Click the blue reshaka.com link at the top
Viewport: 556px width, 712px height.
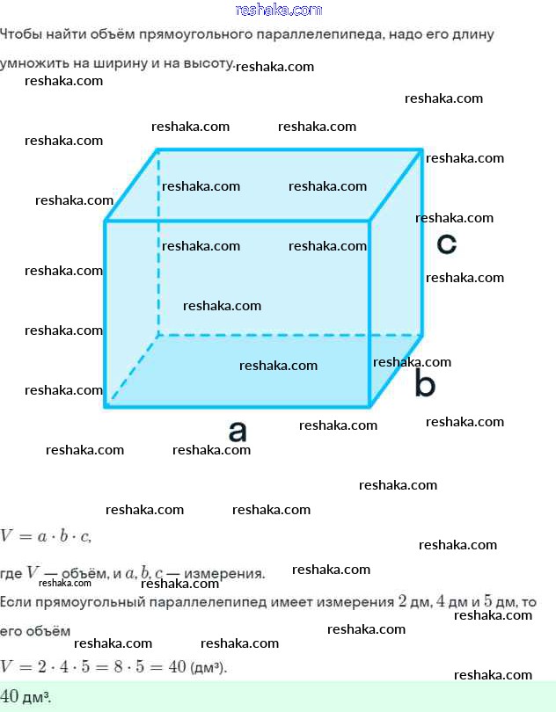(x=279, y=10)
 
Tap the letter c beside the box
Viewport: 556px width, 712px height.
(x=446, y=243)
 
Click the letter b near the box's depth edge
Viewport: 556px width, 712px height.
(x=425, y=381)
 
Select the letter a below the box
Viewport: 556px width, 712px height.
(x=238, y=431)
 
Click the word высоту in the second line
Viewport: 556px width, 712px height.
(x=208, y=63)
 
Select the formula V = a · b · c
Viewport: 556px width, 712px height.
(x=46, y=537)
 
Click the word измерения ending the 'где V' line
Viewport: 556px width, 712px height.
(x=224, y=573)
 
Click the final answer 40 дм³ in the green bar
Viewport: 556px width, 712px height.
(x=26, y=696)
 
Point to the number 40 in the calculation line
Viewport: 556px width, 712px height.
(x=178, y=666)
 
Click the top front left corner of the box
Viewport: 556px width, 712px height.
(x=105, y=222)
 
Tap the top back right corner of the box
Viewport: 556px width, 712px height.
(x=422, y=149)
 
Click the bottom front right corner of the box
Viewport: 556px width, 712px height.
(x=369, y=405)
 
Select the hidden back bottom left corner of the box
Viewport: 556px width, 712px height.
(x=158, y=336)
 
